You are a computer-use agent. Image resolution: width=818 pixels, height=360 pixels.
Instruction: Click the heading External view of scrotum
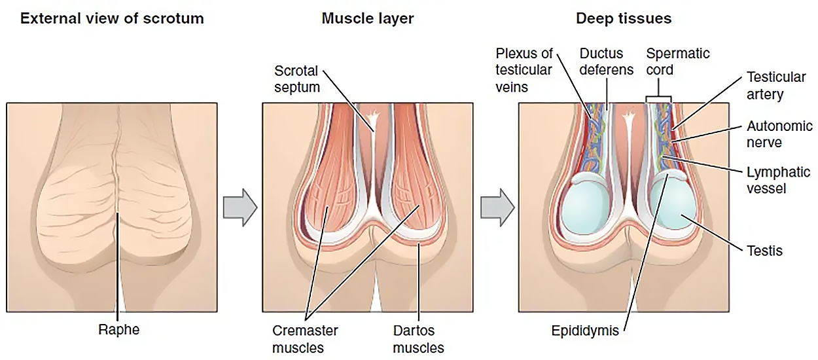pyautogui.click(x=112, y=18)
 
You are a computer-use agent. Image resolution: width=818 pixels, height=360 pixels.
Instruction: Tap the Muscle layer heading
pyautogui.click(x=368, y=18)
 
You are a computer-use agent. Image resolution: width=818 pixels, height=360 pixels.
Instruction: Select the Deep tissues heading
pyautogui.click(x=624, y=18)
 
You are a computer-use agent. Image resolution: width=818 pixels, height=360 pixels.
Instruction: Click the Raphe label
pyautogui.click(x=118, y=330)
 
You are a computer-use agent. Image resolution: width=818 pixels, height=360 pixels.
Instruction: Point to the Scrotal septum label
pyautogui.click(x=296, y=78)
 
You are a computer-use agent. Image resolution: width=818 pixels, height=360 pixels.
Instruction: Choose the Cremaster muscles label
pyautogui.click(x=305, y=338)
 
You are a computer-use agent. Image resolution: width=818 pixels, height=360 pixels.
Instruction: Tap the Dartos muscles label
pyautogui.click(x=418, y=338)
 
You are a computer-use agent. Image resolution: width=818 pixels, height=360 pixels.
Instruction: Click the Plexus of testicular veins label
pyautogui.click(x=524, y=69)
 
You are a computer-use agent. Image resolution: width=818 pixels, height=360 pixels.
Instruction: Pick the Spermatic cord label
pyautogui.click(x=677, y=61)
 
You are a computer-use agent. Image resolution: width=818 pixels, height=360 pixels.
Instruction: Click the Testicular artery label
pyautogui.click(x=775, y=85)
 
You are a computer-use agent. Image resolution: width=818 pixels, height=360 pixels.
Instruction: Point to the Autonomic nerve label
pyautogui.click(x=779, y=134)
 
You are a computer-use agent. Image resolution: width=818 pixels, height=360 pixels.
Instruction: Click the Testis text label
pyautogui.click(x=764, y=251)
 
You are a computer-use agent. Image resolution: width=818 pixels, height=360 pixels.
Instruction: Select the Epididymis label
pyautogui.click(x=584, y=330)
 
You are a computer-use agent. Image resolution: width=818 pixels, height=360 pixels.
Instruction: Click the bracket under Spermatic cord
pyautogui.click(x=658, y=99)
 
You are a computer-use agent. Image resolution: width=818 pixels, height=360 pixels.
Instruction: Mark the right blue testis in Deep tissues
pyautogui.click(x=674, y=205)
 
